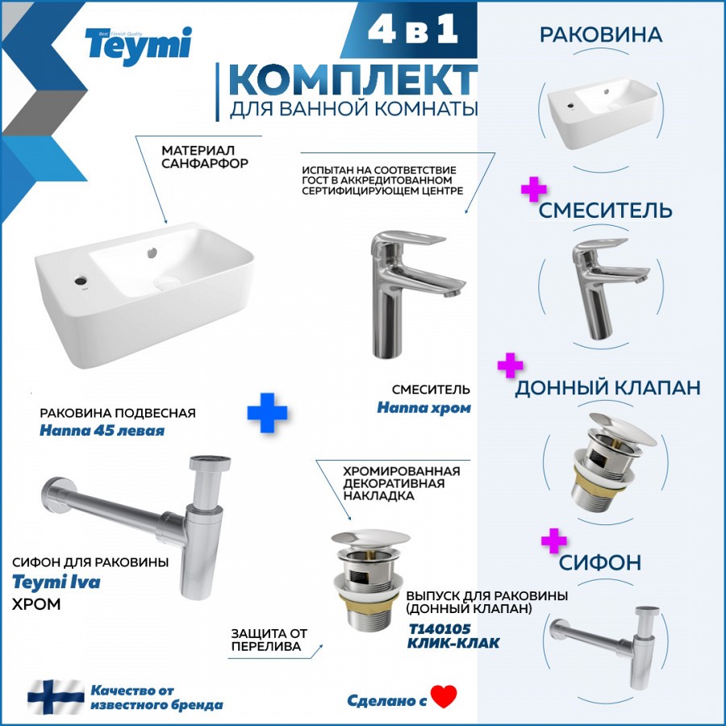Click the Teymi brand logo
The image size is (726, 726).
138,45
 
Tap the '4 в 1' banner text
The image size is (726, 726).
412,31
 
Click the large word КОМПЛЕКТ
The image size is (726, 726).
353,80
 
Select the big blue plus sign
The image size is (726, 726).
267,412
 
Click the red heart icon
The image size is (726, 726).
444,696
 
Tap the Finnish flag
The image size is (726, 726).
56,697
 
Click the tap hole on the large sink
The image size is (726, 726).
81,280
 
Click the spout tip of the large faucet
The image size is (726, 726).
453,293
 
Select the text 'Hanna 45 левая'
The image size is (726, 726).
102,431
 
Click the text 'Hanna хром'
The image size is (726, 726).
423,408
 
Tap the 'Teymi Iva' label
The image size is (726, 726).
56,582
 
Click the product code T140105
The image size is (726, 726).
440,628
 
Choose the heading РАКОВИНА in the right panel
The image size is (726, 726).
601,35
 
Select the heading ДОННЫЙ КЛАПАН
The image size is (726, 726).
607,387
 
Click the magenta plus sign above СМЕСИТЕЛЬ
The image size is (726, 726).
534,189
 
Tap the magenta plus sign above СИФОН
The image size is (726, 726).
554,540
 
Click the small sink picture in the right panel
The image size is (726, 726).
603,112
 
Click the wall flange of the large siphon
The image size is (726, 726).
53,494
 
